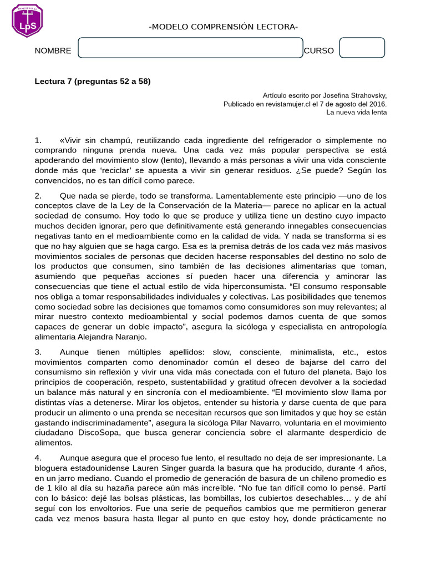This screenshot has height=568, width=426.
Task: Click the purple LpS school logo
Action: point(27,21)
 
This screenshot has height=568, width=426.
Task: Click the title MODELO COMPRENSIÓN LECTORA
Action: point(224,28)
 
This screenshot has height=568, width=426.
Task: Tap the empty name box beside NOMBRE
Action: point(190,48)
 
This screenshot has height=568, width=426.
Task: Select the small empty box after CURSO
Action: point(362,48)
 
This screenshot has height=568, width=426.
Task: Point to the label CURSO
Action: point(319,51)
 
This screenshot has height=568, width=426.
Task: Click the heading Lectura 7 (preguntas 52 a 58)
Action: point(93,81)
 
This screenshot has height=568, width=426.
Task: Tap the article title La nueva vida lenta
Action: point(356,112)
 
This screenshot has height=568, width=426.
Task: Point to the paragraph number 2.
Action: point(38,196)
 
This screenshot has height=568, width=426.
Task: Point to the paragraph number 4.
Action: point(38,458)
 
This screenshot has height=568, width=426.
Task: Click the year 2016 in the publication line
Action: point(376,104)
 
